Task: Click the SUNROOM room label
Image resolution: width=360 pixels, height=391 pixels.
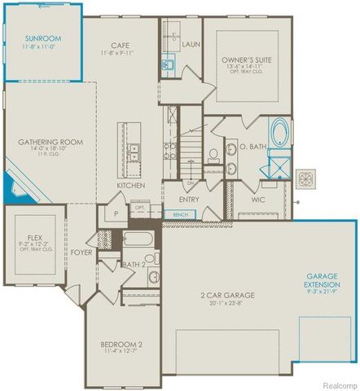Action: (42, 38)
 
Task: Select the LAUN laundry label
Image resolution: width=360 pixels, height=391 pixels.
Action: (192, 44)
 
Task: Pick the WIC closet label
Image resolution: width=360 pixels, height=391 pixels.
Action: (259, 198)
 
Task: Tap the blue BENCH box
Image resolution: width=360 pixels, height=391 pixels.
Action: (178, 215)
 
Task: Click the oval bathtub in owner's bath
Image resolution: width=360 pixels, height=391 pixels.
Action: (279, 133)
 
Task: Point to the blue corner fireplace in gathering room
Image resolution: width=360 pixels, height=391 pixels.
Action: (15, 191)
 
